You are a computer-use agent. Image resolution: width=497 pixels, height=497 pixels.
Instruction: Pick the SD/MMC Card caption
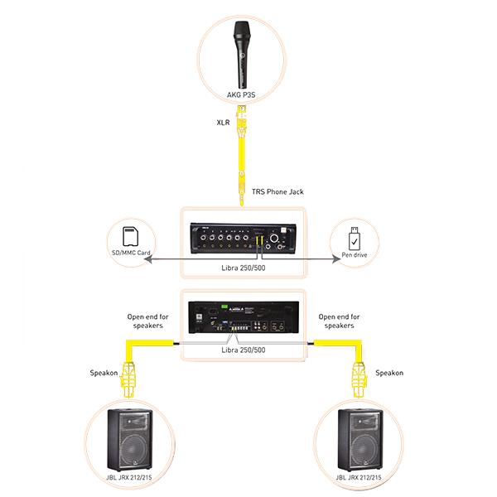pyautogui.click(x=131, y=253)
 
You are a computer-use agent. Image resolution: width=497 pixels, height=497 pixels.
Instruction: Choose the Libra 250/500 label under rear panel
pyautogui.click(x=245, y=350)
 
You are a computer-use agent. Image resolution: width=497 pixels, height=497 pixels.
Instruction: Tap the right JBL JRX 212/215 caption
pyautogui.click(x=359, y=478)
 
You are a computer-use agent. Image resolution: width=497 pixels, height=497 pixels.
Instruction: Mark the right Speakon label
pyautogui.click(x=389, y=373)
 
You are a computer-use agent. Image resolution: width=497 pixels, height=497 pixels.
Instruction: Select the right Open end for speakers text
pyautogui.click(x=339, y=321)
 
